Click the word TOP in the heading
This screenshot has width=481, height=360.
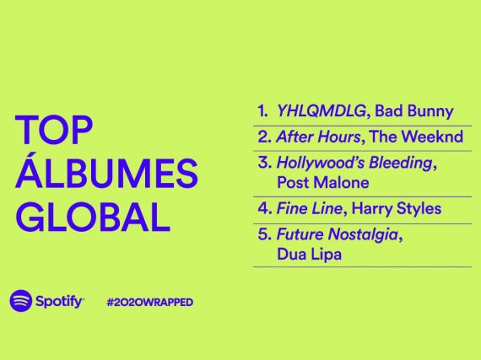tap(54, 130)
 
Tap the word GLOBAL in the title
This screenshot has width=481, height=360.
tap(92, 217)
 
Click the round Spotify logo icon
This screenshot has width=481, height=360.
tap(20, 301)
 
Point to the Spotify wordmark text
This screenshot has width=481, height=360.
tap(60, 302)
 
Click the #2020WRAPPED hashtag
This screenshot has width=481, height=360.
tap(149, 302)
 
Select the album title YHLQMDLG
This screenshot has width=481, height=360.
tap(322, 111)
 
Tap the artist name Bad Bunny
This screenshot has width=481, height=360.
tap(414, 111)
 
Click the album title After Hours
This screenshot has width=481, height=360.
tap(318, 137)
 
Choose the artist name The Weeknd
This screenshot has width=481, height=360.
tap(416, 137)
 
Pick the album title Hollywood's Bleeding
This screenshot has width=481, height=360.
tap(354, 163)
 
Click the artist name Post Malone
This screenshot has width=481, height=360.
tap(323, 183)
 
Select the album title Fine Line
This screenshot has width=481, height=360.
tap(309, 208)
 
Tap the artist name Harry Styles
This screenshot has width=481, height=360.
tap(397, 209)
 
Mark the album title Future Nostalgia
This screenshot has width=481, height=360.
tap(338, 235)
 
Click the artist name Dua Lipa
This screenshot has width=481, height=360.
tap(309, 255)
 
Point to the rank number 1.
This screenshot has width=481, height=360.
tap(262, 111)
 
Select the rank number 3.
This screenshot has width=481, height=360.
tap(265, 163)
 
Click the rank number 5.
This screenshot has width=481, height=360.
tap(265, 234)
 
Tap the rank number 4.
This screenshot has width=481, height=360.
tap(265, 208)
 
